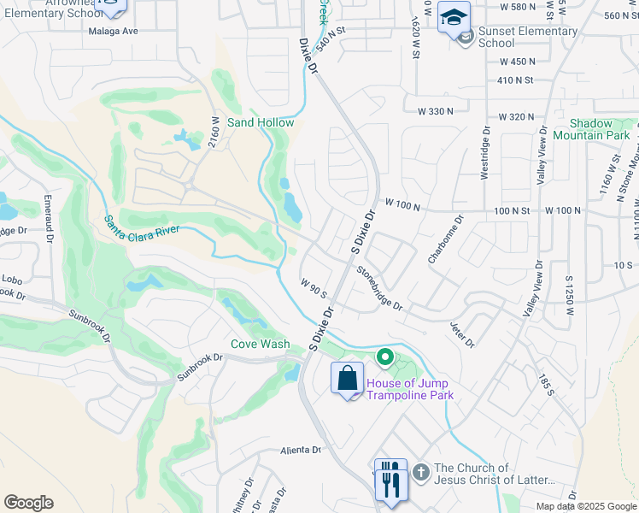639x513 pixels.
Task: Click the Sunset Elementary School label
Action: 528,38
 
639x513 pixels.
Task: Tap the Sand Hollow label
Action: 261,122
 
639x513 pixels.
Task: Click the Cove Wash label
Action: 260,344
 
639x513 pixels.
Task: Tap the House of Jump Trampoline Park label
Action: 409,389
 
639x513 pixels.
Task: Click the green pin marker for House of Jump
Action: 384,356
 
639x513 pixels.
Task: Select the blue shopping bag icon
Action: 348,379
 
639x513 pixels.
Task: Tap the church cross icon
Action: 419,471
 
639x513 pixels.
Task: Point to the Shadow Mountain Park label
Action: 591,129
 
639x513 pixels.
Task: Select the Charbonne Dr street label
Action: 452,237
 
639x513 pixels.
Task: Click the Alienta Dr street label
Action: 300,449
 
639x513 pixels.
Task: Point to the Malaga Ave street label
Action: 113,31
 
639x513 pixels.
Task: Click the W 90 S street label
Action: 313,288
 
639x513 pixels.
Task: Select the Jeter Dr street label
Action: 461,334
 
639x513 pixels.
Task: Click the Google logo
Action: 28,503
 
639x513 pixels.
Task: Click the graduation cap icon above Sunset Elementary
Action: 454,16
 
